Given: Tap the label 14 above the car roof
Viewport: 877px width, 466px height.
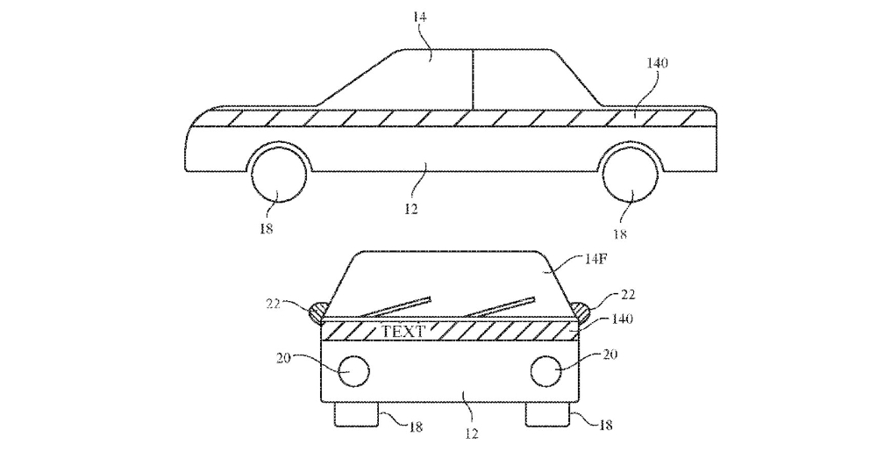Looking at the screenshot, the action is point(419,17).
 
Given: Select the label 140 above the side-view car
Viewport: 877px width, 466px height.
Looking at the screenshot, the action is point(657,62).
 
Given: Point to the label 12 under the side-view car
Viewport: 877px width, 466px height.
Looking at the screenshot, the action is point(411,209).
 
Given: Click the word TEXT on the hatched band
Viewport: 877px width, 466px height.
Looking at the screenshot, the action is point(403,331).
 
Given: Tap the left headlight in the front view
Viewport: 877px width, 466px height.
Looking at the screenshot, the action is point(354,370).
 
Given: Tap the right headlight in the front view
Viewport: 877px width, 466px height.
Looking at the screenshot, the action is point(545,370).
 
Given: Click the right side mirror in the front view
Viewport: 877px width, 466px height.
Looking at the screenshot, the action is point(581,312).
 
